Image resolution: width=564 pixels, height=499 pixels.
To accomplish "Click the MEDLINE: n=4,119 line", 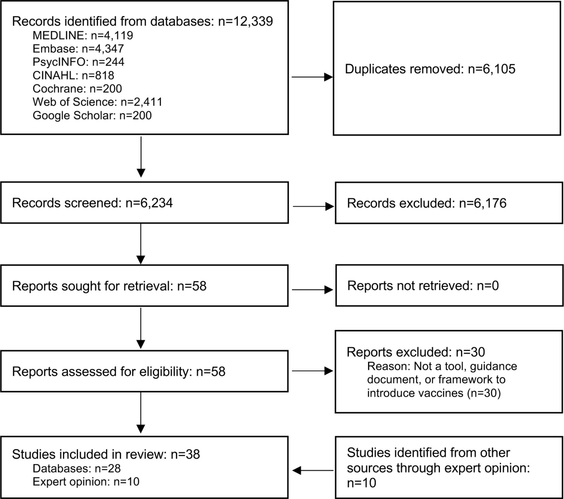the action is [x=83, y=36].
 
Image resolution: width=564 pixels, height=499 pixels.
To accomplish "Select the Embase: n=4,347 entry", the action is [x=78, y=49].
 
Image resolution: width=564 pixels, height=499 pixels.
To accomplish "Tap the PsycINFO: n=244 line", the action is [x=78, y=62].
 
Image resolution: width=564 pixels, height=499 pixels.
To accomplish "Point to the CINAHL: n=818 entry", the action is [x=73, y=75].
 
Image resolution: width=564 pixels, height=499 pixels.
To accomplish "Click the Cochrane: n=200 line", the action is [x=77, y=89].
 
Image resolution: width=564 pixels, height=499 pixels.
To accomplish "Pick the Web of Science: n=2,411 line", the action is [x=97, y=102].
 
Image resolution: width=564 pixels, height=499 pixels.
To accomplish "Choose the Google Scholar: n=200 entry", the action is [x=92, y=115].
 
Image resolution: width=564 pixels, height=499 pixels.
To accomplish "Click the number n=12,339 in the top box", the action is [x=245, y=22].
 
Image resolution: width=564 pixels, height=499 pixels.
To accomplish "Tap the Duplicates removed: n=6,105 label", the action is [x=430, y=69].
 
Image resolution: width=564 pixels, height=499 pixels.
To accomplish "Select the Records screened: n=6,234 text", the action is [x=92, y=203].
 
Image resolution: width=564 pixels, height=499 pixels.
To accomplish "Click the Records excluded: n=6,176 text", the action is [x=426, y=203].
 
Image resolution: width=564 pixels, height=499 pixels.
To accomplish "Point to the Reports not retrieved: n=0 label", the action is [x=423, y=286].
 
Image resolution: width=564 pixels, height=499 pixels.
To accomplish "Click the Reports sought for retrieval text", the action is [x=92, y=286].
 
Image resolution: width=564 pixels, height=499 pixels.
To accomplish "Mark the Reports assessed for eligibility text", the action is [x=102, y=372].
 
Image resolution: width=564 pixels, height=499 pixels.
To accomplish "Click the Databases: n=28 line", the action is [x=76, y=468].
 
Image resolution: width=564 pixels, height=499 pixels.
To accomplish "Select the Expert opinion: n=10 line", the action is [x=86, y=481].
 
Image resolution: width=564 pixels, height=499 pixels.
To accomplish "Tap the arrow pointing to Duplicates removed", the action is [x=312, y=77].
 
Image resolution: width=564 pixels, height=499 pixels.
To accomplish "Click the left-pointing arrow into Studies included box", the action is [x=313, y=470].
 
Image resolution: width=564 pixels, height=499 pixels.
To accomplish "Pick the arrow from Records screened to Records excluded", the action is [x=314, y=206].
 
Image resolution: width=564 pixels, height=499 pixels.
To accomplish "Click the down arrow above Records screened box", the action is [x=141, y=157].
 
